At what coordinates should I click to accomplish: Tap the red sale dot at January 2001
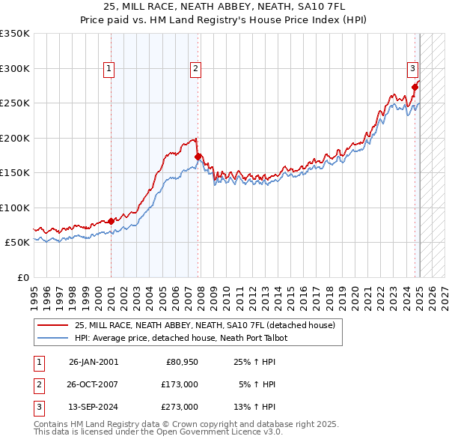pos(111,221)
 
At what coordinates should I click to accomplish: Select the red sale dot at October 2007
pos(198,157)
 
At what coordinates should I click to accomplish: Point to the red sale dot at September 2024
pos(415,87)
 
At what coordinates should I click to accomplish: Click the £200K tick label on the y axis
pos(15,138)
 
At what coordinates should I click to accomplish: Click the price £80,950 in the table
pos(180,362)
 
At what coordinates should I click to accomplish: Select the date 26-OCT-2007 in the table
pos(94,384)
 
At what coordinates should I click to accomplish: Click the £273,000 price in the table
pos(180,407)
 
